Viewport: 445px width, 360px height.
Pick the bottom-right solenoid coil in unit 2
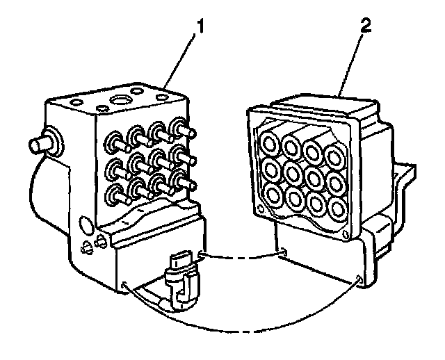pos(339,208)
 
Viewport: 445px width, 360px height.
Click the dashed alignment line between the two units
pos(243,256)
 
